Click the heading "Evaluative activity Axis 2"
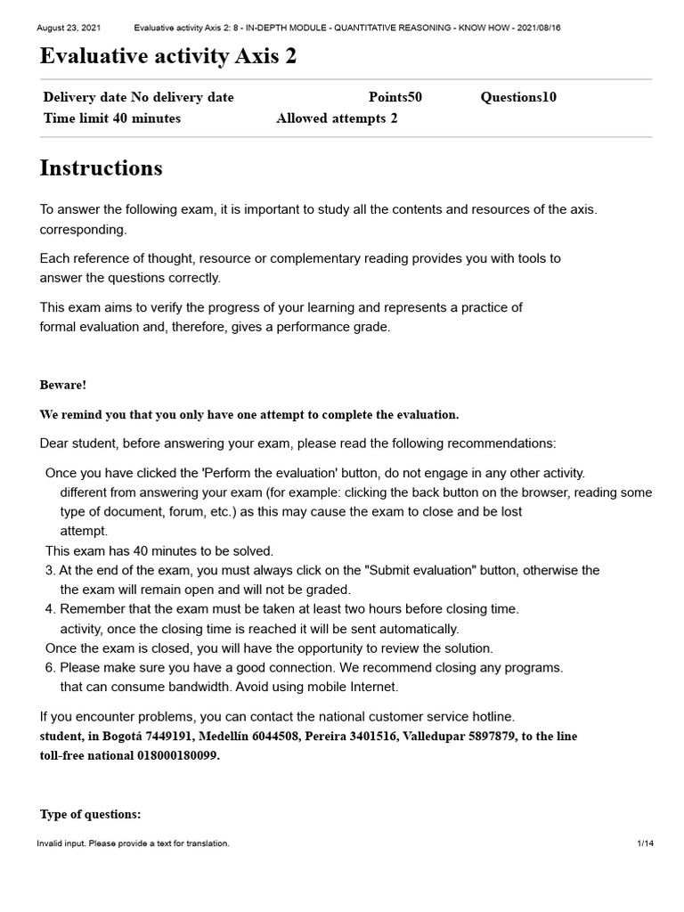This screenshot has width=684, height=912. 168,57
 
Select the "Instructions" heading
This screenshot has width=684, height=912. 102,167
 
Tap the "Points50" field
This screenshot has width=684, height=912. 395,97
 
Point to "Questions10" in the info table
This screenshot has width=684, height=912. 518,97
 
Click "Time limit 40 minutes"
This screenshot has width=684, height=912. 112,118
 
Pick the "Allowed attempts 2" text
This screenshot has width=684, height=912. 337,118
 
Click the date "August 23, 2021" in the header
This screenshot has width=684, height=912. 69,28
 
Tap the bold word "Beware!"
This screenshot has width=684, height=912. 63,385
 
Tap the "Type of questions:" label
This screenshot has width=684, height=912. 90,814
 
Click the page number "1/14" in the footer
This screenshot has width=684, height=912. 645,843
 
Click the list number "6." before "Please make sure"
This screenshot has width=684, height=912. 51,667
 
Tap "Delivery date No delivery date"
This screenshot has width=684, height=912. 138,97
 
